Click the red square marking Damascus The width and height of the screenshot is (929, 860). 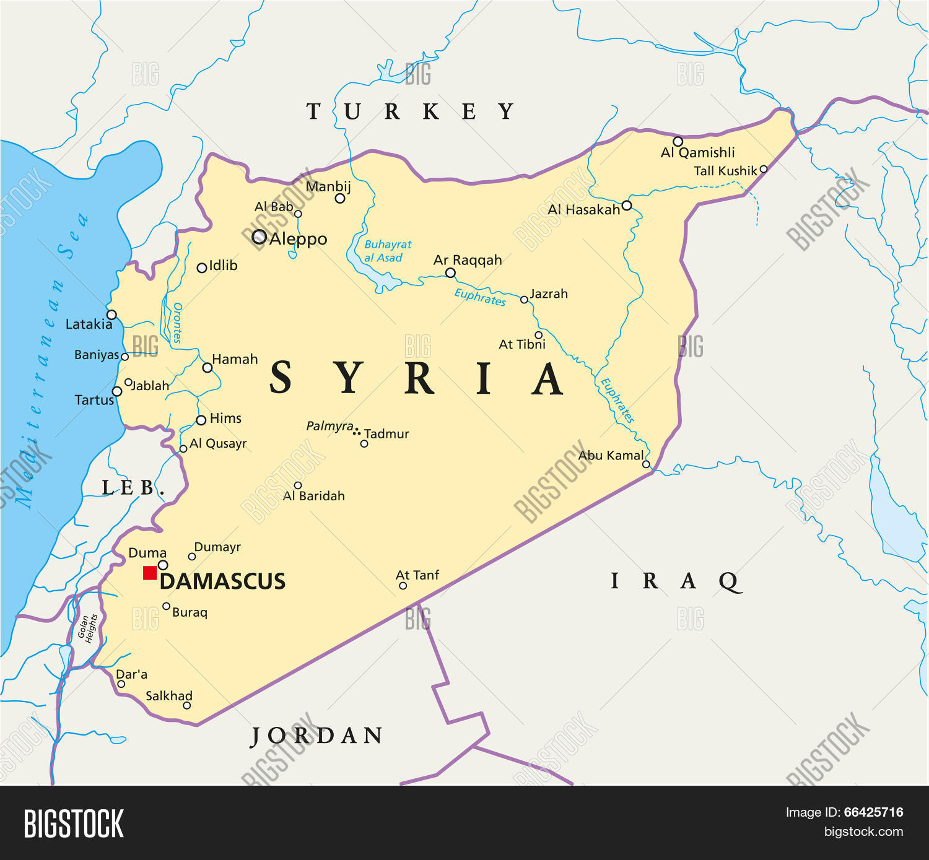(x=150, y=573)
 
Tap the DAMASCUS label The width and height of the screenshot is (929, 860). (x=222, y=581)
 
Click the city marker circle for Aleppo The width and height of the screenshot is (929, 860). (x=260, y=237)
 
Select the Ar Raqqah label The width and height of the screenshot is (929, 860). (x=468, y=260)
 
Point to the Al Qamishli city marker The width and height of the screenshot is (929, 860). (x=678, y=142)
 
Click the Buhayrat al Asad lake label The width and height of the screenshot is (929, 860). (x=387, y=251)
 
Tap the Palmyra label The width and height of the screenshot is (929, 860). (x=329, y=427)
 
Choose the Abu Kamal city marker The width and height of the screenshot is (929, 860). (x=646, y=464)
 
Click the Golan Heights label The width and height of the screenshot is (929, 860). (x=87, y=628)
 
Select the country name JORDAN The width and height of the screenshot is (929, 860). (x=316, y=736)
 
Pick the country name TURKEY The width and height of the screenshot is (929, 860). (x=411, y=111)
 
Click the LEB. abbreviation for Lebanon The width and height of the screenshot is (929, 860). (x=132, y=488)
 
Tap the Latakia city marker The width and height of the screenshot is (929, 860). (x=112, y=315)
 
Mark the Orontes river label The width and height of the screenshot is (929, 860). (x=177, y=323)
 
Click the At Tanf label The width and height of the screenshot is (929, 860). (x=417, y=575)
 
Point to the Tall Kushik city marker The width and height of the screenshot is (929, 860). (x=764, y=169)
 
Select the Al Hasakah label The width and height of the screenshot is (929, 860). (x=583, y=210)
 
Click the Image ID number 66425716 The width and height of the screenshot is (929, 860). (x=873, y=812)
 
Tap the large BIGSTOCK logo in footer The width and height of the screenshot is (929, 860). (x=74, y=823)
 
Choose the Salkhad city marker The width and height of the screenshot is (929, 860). (x=187, y=705)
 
